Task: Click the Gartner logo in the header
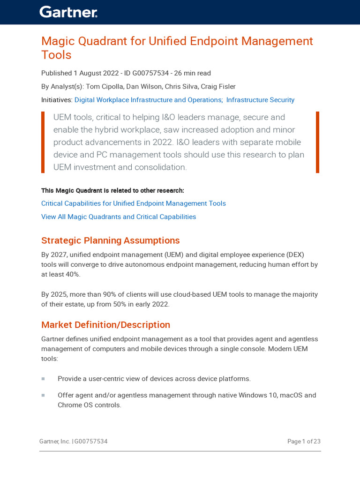[x=68, y=12]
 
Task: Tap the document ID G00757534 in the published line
[x=151, y=73]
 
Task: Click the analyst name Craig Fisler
[x=218, y=87]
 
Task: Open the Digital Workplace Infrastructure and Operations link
[x=148, y=100]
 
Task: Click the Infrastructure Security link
[x=260, y=100]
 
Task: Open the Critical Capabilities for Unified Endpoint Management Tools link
[x=134, y=203]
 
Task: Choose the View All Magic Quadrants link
[x=119, y=217]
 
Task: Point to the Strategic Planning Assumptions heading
[x=111, y=240]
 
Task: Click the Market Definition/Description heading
[x=105, y=325]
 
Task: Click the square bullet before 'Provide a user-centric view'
[x=43, y=379]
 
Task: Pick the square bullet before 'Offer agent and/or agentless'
[x=43, y=395]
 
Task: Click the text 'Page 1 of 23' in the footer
[x=304, y=442]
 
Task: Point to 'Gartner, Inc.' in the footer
[x=55, y=442]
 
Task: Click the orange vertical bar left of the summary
[x=43, y=142]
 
